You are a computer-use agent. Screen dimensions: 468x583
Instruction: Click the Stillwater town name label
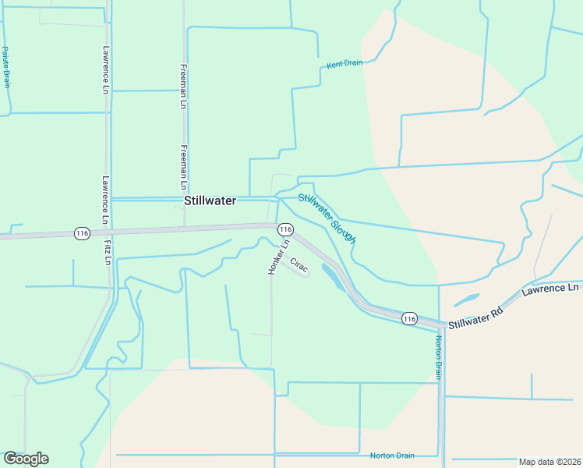(210, 200)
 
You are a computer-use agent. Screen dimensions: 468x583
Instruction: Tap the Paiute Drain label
(5, 67)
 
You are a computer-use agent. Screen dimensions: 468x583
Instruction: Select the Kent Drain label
(344, 64)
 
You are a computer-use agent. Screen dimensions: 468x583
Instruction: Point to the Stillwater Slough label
(327, 218)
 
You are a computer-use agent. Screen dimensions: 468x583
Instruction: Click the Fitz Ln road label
(108, 252)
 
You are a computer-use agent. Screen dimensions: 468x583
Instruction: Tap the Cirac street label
(299, 265)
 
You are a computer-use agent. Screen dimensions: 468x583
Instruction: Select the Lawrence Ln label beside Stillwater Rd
(551, 289)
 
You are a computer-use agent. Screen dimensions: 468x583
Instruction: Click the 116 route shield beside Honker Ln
(285, 229)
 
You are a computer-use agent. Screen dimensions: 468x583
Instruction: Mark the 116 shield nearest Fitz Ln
(81, 232)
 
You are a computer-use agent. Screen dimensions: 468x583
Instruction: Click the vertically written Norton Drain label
(439, 357)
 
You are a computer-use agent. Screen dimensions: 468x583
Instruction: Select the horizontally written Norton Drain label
(392, 456)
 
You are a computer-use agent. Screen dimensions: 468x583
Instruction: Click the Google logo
(26, 459)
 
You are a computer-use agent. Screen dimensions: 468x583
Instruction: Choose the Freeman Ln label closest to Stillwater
(183, 168)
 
